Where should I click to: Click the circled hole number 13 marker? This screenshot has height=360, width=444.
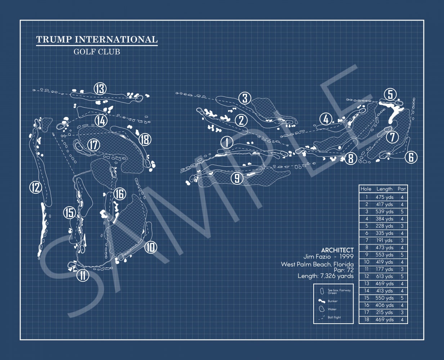coord(100,89)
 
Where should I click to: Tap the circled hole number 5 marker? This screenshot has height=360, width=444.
coord(390,95)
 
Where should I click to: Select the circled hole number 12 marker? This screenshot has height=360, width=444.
coord(36,187)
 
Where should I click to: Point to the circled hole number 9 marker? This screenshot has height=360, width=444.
coord(237,178)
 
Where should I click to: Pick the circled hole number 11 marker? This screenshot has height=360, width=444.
coord(83,275)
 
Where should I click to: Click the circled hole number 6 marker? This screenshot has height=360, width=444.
coord(411,157)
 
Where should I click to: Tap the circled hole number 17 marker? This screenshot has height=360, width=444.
coord(94,145)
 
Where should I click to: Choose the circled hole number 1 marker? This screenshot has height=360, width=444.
coord(227,142)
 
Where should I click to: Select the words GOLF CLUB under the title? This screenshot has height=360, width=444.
coord(97,51)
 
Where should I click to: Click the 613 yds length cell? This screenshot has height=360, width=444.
coord(384,276)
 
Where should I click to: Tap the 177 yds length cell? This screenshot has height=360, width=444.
coord(384,269)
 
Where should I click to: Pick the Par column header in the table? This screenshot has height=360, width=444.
coord(402,189)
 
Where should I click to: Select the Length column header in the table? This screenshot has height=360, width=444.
coord(384,189)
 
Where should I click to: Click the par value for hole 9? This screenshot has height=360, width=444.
coord(402,255)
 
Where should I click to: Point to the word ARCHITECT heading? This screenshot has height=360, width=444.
coord(337,250)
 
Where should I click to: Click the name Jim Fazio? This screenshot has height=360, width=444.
coord(315,257)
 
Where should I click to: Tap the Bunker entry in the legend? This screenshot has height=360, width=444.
coord(332,301)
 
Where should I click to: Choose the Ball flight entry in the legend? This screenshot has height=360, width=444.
coord(334,318)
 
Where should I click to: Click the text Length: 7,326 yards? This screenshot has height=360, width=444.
coord(326,276)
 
